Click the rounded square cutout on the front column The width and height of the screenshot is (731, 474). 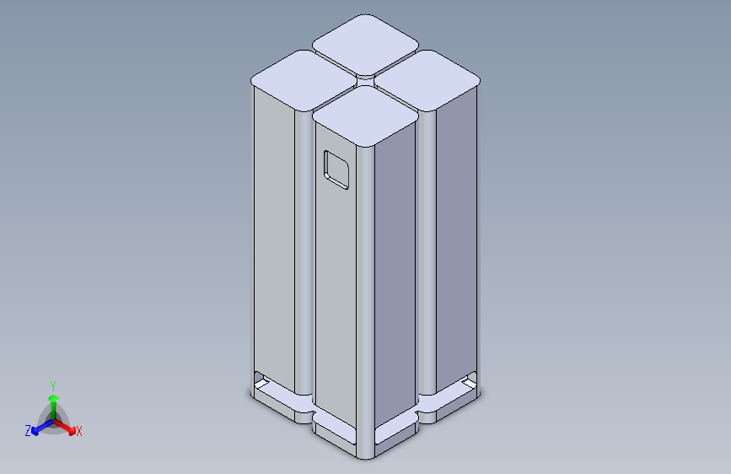(336, 170)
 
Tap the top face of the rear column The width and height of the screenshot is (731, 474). (366, 45)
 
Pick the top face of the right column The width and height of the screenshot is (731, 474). (427, 80)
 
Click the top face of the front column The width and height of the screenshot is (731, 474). (366, 116)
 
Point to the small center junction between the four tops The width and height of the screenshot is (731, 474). (366, 81)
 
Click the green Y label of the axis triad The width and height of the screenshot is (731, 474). (53, 386)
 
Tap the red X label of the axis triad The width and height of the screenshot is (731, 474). (78, 431)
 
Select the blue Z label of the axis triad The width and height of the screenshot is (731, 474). (28, 431)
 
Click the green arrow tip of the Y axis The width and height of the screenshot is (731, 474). (54, 398)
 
